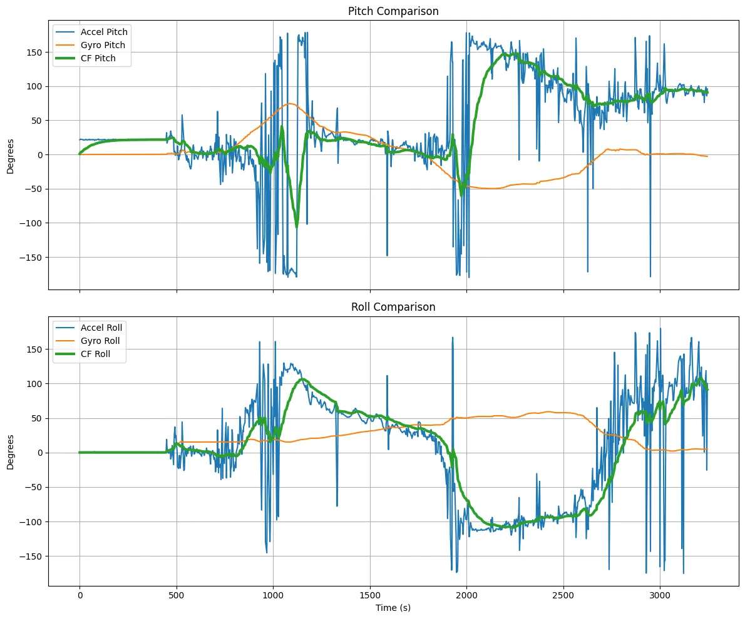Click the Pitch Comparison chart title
393,11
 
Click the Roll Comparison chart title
393,307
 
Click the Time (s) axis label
393,608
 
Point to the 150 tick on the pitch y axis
35,52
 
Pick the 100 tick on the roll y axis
35,383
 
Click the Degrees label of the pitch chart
11,155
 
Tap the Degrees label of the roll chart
11,451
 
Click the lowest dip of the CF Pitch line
297,226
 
